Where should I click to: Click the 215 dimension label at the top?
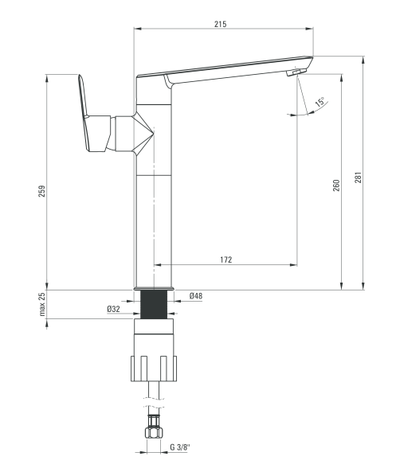click(x=220, y=24)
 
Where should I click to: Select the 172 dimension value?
click(x=226, y=259)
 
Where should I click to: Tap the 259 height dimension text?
click(x=42, y=191)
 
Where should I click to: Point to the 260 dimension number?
click(x=336, y=185)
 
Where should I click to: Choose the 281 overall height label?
click(x=358, y=178)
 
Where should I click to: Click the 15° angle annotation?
click(x=320, y=102)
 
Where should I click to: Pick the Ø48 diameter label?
click(x=196, y=296)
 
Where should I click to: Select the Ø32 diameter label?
click(x=114, y=309)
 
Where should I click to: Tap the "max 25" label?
click(x=42, y=304)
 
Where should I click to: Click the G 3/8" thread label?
click(x=179, y=447)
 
